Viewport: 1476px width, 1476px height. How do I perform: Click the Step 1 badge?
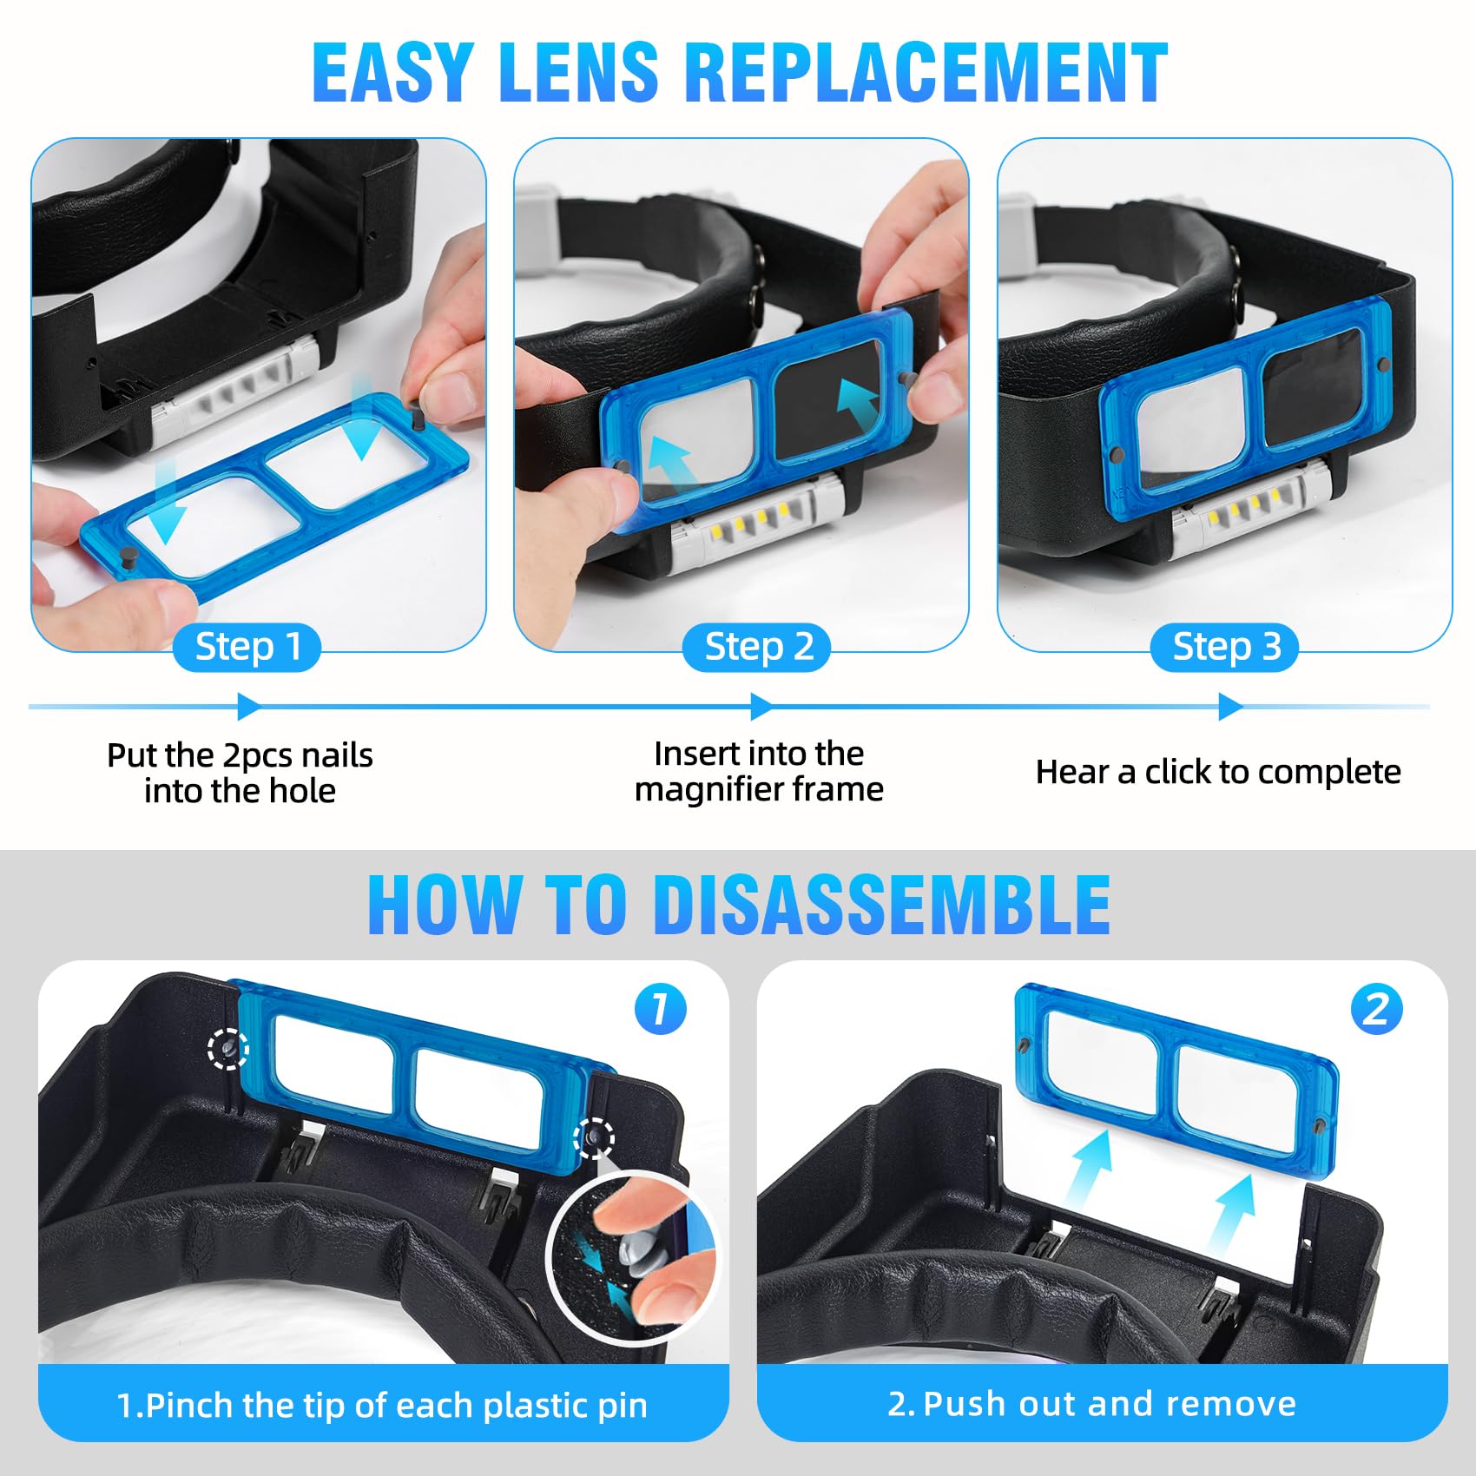(247, 648)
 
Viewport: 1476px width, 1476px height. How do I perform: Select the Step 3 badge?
(1225, 648)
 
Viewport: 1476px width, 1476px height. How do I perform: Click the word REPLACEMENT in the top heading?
(926, 73)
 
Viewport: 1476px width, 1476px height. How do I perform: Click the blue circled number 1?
(660, 1009)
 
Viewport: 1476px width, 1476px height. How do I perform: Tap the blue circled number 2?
(1376, 1010)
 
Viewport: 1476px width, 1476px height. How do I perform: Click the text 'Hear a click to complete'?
(1218, 772)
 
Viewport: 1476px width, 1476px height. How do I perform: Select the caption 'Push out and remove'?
(1110, 1404)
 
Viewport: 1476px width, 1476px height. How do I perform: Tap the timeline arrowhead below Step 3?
(1230, 707)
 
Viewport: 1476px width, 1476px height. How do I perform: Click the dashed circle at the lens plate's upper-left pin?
(227, 1049)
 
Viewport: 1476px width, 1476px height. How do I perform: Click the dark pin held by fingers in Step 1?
(418, 417)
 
